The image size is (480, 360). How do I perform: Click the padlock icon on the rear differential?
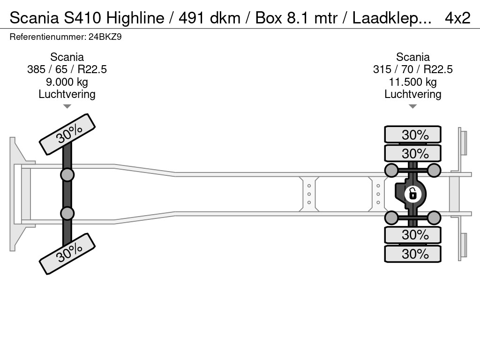[412, 193]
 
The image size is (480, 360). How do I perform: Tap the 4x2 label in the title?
[457, 18]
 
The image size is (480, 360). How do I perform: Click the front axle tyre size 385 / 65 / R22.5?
[67, 69]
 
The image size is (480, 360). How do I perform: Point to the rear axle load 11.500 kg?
[412, 82]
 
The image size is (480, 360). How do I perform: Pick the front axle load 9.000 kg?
[67, 82]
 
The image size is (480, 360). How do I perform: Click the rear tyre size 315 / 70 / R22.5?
[412, 69]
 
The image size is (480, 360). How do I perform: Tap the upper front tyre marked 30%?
[67, 135]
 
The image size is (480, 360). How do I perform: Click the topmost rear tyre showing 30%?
[412, 135]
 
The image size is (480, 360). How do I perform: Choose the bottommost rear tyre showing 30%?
[412, 254]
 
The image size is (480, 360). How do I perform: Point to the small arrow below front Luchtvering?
[67, 106]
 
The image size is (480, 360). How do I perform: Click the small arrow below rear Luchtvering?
[412, 106]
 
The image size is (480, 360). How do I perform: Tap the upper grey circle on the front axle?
[67, 175]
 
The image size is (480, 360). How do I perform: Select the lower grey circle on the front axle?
[67, 213]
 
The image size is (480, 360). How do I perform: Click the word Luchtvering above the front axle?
[67, 94]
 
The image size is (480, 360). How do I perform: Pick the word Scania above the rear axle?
[412, 57]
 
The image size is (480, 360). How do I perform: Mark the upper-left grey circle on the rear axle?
[391, 170]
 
